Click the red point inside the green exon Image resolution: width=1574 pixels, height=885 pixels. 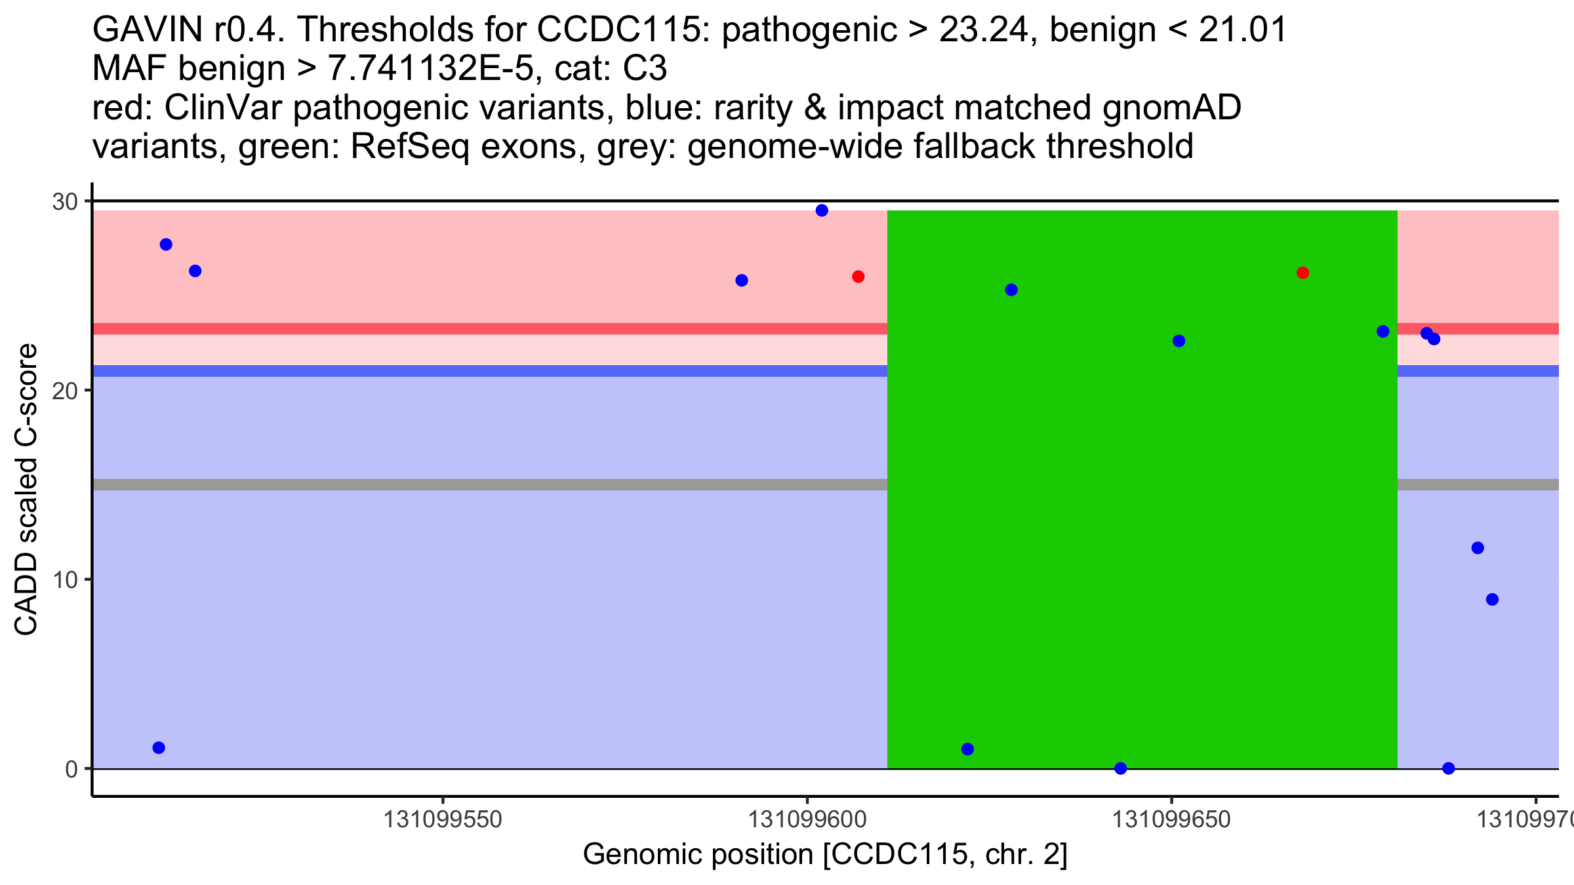click(x=1302, y=273)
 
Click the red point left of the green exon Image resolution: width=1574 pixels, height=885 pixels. click(x=858, y=277)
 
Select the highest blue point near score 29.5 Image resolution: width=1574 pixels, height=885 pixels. click(x=822, y=210)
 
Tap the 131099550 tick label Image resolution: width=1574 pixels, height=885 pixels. click(x=443, y=819)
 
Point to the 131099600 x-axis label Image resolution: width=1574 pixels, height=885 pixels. click(x=807, y=819)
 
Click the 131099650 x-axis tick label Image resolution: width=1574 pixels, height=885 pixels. click(x=1172, y=819)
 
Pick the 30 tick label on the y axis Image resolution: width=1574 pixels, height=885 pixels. click(x=65, y=202)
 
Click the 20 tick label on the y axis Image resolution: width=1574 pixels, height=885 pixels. click(x=65, y=391)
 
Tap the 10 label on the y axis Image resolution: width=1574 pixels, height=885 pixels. click(x=65, y=580)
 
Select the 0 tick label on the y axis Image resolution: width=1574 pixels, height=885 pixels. click(x=71, y=769)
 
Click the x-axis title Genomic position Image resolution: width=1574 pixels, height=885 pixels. click(x=825, y=854)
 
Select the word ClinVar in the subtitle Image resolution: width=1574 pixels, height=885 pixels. click(x=224, y=108)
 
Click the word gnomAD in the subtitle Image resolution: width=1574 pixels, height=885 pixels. click(x=1171, y=108)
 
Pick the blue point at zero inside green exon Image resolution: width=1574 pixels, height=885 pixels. click(x=1121, y=768)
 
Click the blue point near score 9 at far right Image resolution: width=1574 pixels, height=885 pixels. click(x=1492, y=599)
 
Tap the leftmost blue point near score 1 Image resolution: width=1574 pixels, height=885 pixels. click(x=159, y=748)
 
